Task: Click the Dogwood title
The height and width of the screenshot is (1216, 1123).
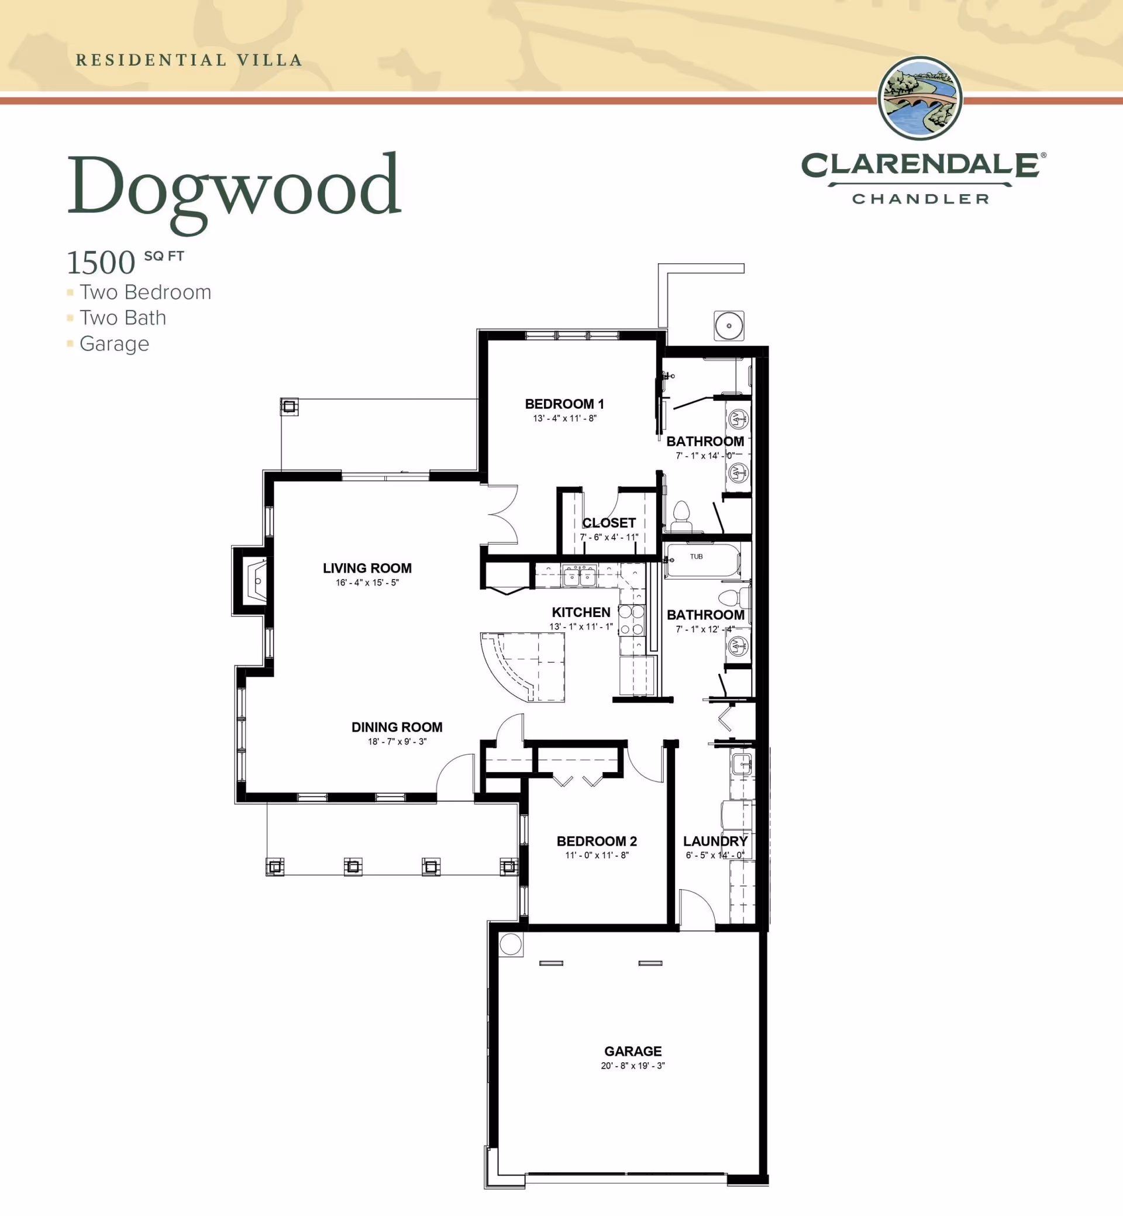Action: tap(234, 187)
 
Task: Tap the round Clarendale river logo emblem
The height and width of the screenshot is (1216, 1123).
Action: tap(920, 98)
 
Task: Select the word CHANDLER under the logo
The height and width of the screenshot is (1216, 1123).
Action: tap(920, 199)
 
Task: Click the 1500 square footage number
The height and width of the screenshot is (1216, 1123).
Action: tap(101, 263)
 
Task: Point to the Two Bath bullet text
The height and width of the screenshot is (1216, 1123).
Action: tap(123, 318)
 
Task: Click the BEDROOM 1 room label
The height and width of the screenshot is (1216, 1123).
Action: tap(564, 404)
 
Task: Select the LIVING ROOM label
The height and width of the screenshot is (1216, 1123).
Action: tap(367, 568)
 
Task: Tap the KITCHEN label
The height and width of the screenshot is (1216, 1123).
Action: tap(581, 612)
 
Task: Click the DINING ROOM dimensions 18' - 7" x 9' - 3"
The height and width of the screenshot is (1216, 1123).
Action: tap(397, 742)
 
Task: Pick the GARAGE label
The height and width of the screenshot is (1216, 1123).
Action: tap(633, 1051)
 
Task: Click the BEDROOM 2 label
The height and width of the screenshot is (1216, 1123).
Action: tap(597, 841)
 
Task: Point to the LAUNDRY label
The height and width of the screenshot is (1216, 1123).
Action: tap(715, 841)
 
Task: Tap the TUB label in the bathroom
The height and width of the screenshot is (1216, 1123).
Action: tap(697, 557)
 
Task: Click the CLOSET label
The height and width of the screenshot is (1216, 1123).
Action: tap(609, 523)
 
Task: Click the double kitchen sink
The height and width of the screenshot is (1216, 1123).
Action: tap(579, 576)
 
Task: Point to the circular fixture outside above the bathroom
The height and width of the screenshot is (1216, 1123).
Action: tap(729, 326)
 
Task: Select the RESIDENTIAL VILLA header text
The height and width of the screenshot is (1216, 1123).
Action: tap(189, 60)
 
